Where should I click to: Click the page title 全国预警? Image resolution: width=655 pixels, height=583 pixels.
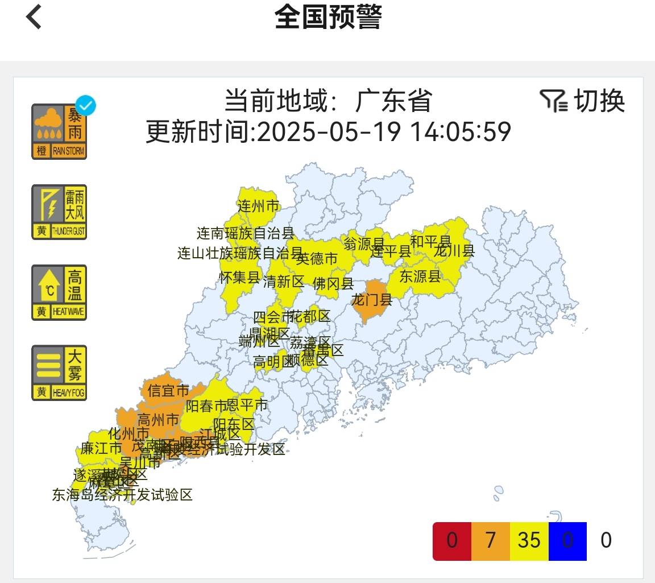(x=327, y=17)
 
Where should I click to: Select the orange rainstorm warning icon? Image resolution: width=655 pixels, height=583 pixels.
(x=59, y=132)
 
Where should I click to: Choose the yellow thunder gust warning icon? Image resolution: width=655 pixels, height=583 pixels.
(x=59, y=212)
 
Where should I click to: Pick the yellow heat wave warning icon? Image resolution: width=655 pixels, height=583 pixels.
(x=59, y=292)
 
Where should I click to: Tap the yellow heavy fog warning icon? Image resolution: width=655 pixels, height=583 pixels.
(x=59, y=373)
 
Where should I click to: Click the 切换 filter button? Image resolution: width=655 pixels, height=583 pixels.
(x=582, y=101)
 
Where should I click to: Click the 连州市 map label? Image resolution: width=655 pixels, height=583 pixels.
(x=258, y=206)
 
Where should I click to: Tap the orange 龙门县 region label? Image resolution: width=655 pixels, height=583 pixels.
(x=372, y=299)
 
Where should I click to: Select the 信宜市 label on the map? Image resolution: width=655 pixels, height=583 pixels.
(x=168, y=391)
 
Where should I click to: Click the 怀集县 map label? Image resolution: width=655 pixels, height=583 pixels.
(x=239, y=278)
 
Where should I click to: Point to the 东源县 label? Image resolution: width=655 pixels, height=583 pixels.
(x=420, y=276)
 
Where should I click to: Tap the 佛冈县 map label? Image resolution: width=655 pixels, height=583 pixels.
(x=333, y=283)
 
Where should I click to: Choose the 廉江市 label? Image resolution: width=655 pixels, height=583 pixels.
(x=101, y=448)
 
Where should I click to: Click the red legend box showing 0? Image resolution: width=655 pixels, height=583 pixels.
(x=452, y=540)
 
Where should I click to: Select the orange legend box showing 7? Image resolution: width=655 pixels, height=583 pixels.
(x=491, y=540)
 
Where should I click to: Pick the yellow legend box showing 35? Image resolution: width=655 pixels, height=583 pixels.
(x=529, y=540)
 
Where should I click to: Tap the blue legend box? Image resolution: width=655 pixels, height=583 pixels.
(x=567, y=540)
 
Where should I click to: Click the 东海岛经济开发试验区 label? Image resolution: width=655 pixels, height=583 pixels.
(x=122, y=495)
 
